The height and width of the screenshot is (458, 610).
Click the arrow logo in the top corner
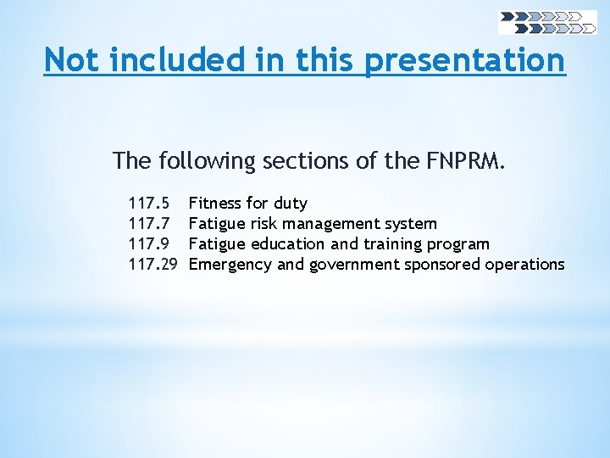click(547, 22)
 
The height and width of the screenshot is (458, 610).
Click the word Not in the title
click(74, 59)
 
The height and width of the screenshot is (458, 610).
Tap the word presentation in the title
click(465, 59)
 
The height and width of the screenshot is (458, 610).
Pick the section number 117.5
click(148, 204)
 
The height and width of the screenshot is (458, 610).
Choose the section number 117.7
click(148, 224)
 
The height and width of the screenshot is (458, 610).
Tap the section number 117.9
click(148, 244)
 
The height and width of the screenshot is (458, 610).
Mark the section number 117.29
click(152, 265)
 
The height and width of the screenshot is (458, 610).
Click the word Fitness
click(214, 204)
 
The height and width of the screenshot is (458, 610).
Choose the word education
click(288, 244)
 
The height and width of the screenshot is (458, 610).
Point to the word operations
click(524, 265)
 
